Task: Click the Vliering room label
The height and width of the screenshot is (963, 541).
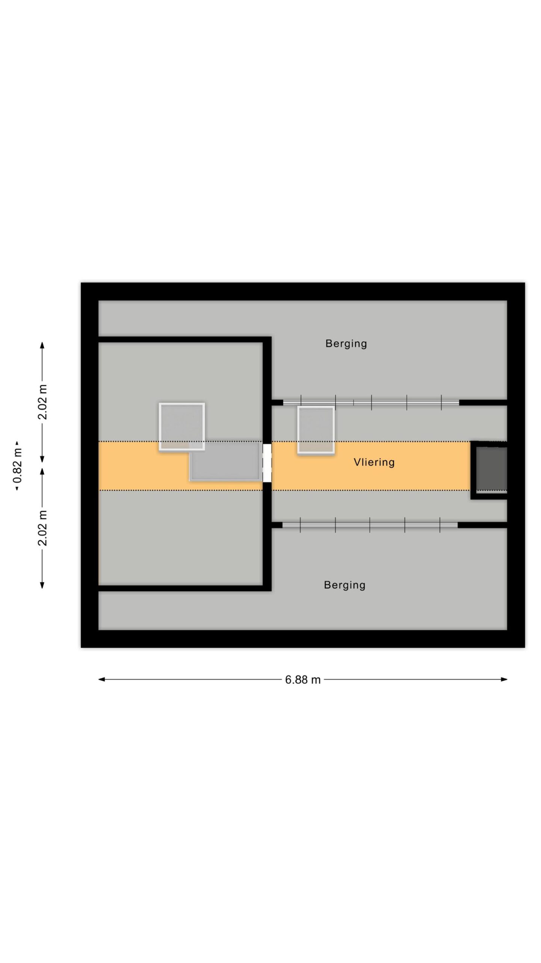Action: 374,462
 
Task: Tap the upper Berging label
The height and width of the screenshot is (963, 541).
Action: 346,344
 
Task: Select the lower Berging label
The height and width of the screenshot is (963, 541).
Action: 345,585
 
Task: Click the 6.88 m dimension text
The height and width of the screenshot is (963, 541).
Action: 303,680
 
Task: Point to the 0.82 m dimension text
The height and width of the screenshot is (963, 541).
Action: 18,466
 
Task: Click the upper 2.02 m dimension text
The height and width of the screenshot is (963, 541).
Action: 42,402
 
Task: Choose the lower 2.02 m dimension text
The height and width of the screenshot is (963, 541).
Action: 42,528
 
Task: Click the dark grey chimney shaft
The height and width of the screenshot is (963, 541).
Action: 491,469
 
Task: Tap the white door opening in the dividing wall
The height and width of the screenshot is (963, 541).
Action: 267,463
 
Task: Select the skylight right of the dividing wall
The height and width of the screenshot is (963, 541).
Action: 316,430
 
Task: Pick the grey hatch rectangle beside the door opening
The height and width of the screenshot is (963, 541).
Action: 225,461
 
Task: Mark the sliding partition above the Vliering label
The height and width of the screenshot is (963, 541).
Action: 371,403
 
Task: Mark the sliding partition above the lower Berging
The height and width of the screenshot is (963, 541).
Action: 370,525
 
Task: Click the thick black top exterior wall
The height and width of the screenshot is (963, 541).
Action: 303,292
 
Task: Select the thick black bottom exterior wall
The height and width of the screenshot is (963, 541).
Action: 303,639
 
